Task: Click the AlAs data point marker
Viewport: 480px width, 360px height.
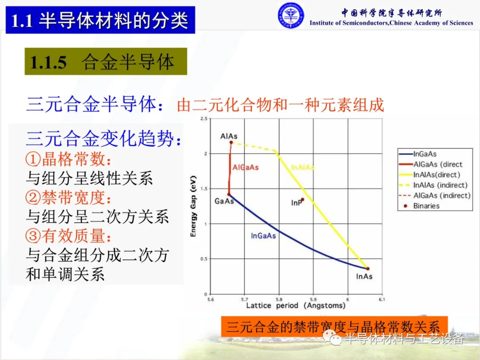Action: coord(231,142)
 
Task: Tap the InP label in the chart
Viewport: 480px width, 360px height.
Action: coord(296,203)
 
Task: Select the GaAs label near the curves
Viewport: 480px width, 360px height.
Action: coord(224,201)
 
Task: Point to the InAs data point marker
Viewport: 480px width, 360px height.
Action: coord(368,269)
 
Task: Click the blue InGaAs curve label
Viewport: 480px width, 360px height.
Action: coord(263,236)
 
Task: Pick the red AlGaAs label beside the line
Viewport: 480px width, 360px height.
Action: coord(245,168)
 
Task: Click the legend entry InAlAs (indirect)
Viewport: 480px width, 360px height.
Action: coord(434,185)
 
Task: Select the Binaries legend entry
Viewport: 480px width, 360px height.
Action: coord(422,206)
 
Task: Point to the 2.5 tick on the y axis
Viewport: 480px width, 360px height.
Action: coord(204,119)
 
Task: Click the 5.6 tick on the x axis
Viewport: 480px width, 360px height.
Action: coord(211,300)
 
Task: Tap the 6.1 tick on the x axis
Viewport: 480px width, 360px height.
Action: coord(382,300)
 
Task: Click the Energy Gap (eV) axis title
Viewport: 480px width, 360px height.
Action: coord(193,206)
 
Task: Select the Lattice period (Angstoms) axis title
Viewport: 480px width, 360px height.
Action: coord(296,305)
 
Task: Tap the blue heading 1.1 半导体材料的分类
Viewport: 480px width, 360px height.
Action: coord(100,20)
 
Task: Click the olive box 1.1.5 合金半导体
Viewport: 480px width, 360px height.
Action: coord(106,61)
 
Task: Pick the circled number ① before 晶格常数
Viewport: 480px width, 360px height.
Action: coord(33,159)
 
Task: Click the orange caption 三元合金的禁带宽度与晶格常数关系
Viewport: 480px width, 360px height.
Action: coord(334,327)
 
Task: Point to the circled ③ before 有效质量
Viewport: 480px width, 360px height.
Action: coord(33,236)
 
